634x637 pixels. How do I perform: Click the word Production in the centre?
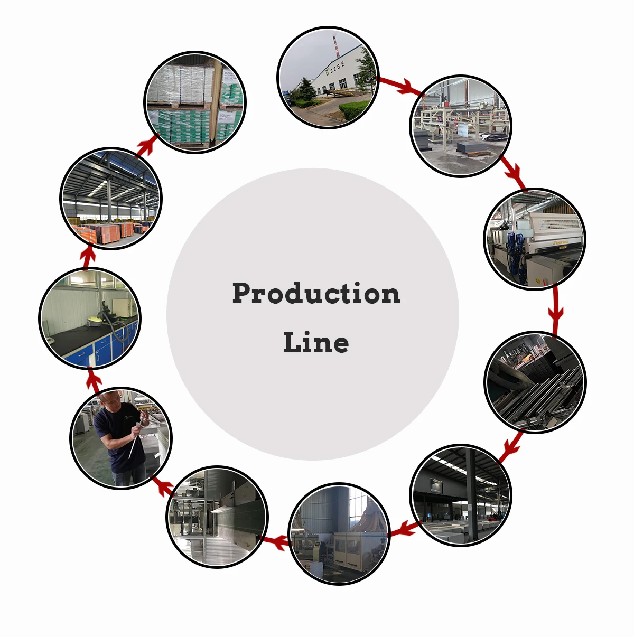click(x=316, y=294)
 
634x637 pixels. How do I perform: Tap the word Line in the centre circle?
click(x=316, y=343)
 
